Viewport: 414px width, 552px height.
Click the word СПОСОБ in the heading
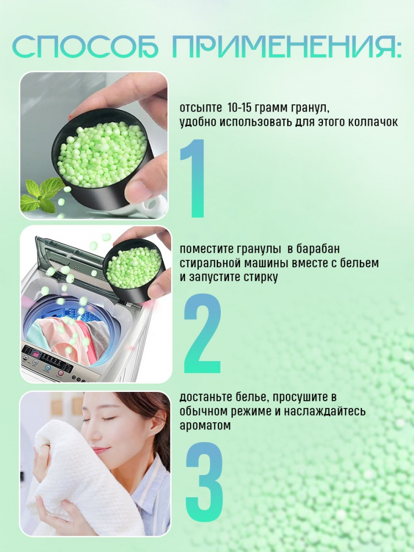(x=85, y=46)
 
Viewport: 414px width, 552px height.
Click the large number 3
(x=204, y=481)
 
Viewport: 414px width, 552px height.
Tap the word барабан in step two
(x=318, y=248)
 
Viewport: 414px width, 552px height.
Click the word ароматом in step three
(x=205, y=425)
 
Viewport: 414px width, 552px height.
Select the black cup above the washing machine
(x=135, y=270)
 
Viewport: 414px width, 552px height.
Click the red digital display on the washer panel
(x=36, y=354)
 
